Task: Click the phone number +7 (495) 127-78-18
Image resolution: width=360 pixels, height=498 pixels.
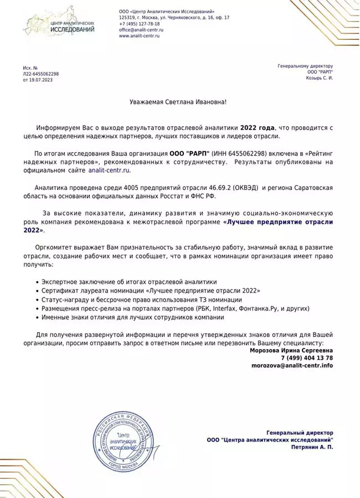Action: (x=139, y=24)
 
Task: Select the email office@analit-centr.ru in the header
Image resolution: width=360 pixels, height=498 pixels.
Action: (x=141, y=30)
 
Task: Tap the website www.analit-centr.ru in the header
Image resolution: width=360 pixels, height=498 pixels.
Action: (x=140, y=36)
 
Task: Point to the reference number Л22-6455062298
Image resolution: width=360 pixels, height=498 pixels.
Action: (x=40, y=74)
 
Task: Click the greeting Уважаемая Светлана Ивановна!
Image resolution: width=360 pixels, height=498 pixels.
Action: (x=174, y=102)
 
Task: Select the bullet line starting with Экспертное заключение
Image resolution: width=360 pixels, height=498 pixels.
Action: (x=129, y=282)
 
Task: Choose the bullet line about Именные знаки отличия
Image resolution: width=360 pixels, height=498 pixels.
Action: (x=132, y=317)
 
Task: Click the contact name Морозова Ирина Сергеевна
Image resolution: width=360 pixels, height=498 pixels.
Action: (x=291, y=350)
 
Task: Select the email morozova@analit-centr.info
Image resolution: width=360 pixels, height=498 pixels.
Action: (x=292, y=366)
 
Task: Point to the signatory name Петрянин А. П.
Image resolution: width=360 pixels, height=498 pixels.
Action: (x=312, y=446)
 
